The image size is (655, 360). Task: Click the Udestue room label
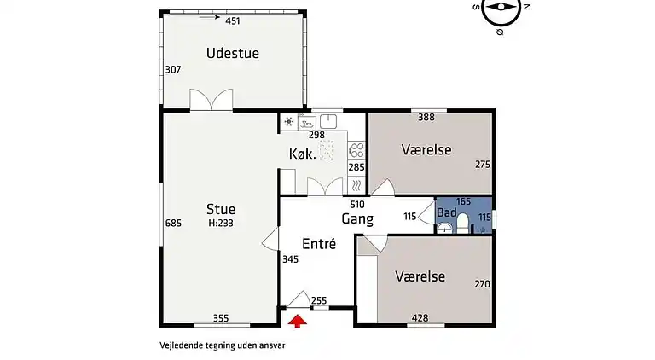232,53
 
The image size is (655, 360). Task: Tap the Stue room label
221,209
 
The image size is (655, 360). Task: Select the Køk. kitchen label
303,154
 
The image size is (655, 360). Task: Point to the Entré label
318,243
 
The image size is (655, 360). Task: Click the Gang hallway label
357,218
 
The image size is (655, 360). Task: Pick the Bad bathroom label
446,212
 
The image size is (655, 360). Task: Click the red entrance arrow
298,321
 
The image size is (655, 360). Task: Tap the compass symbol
501,10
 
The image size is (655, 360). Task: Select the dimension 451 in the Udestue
233,20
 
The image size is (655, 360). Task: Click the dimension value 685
174,224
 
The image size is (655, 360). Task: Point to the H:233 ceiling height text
221,223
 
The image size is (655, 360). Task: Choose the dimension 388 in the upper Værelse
426,117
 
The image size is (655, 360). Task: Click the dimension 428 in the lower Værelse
420,318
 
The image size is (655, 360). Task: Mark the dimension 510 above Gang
357,205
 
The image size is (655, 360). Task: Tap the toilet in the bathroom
462,224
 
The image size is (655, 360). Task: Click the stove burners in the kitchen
357,151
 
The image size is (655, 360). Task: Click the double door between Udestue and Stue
211,101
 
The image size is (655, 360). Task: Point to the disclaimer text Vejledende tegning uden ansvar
222,346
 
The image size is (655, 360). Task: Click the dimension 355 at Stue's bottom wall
221,318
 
